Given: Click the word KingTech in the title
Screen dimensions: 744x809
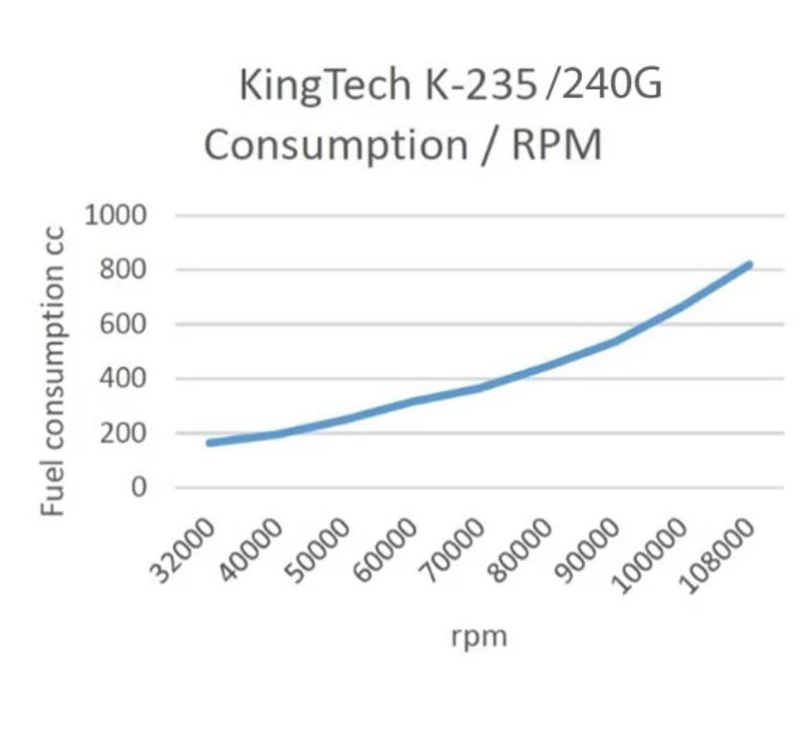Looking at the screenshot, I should point(322,86).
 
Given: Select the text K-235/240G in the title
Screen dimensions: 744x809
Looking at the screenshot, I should point(540,86).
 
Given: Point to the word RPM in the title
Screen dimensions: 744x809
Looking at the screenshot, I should point(557,146).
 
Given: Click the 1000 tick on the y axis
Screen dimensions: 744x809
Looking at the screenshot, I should point(116,215).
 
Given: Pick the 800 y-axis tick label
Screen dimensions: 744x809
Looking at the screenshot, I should point(125,269).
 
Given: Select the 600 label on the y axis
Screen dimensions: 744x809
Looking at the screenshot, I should point(125,324).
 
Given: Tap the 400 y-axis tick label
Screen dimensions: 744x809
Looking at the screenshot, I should point(125,379).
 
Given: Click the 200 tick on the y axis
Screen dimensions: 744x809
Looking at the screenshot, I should point(125,433).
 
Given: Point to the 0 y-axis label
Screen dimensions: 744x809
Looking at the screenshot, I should point(140,487).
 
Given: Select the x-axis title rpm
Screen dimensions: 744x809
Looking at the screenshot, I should point(478,636).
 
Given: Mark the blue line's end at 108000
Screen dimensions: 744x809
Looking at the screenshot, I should point(750,265).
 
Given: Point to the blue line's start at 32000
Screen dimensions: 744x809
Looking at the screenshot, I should point(209,443).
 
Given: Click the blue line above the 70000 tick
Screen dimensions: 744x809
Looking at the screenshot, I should point(479,387).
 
